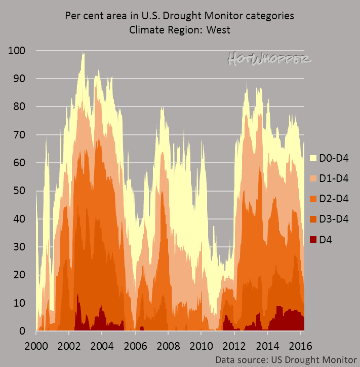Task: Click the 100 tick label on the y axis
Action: (x=19, y=51)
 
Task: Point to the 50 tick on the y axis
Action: (x=22, y=191)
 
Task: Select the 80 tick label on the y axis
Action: (x=22, y=107)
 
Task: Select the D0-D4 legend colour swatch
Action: (x=312, y=158)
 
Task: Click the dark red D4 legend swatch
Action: (x=312, y=239)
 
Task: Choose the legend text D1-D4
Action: (x=335, y=178)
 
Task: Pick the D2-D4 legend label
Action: (x=335, y=199)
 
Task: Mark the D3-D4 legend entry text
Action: (x=335, y=219)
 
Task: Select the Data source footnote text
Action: (x=286, y=359)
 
